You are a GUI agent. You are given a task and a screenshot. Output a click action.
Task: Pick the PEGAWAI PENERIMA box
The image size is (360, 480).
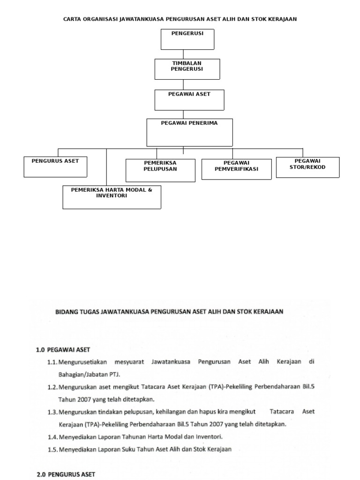[189, 132]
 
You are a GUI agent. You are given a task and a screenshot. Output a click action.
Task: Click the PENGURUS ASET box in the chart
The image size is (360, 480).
[55, 167]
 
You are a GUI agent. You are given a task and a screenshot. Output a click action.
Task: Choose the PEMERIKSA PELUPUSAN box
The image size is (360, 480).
[160, 170]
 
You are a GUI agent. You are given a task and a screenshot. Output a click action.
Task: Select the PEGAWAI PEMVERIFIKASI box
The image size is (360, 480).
[236, 169]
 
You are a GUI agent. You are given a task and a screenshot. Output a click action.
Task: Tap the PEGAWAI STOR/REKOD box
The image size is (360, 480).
[307, 167]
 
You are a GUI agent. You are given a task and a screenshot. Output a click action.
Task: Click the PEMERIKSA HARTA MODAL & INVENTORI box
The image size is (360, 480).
[112, 197]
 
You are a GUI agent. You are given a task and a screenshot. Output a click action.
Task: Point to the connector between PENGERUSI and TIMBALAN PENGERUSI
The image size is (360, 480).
[183, 54]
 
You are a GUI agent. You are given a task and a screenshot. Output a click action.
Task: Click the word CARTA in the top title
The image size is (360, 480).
[72, 19]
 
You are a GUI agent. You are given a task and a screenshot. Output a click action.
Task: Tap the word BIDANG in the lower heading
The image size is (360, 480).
[63, 311]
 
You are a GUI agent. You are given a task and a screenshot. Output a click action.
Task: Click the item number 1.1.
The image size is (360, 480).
[52, 362]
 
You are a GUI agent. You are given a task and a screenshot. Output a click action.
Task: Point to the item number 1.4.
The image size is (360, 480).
[52, 437]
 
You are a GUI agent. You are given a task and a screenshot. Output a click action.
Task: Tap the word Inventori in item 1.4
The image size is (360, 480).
[208, 437]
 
